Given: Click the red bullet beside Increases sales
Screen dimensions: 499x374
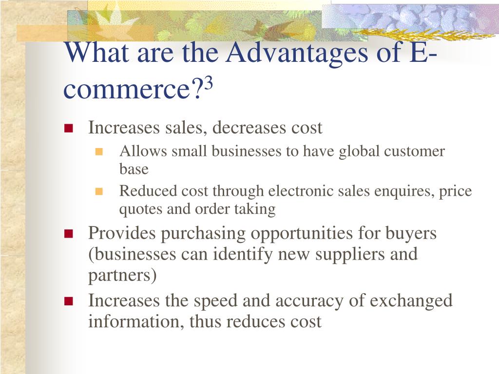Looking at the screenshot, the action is [68, 128].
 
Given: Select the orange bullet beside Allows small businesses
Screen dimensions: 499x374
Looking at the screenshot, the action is [99, 151].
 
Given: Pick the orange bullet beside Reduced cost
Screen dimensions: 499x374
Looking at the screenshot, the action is [99, 191].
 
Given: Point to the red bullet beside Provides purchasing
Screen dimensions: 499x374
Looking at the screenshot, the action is [68, 234].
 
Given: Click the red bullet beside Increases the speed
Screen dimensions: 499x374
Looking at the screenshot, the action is [68, 301].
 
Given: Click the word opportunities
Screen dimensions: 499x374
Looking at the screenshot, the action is [302, 234].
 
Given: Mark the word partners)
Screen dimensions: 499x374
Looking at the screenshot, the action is [122, 276].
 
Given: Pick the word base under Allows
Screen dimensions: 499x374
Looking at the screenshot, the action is [134, 169].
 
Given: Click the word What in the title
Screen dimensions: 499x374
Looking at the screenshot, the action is [97, 52].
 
